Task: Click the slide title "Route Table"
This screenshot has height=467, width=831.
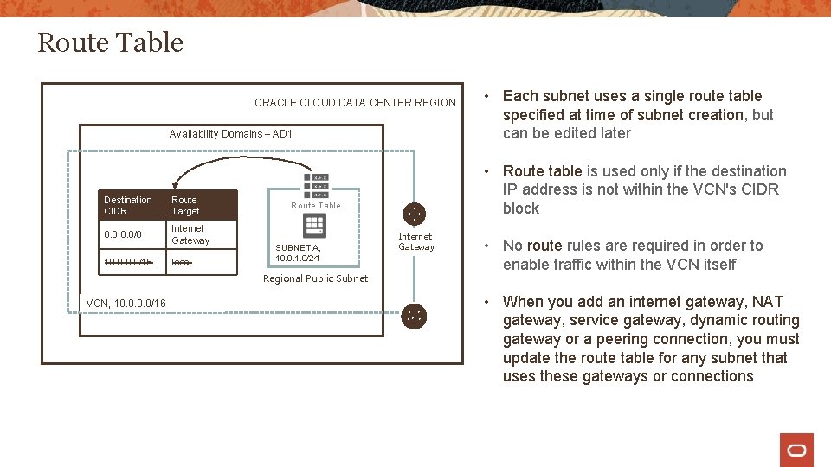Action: click(x=111, y=42)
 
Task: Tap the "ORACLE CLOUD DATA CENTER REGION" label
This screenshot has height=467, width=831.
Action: click(x=355, y=103)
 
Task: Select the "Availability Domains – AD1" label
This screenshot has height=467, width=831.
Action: click(x=231, y=134)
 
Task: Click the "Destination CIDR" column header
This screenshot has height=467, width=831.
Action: click(x=127, y=205)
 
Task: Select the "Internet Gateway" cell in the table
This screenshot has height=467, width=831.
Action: click(x=190, y=234)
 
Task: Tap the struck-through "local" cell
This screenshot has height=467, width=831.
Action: click(x=182, y=262)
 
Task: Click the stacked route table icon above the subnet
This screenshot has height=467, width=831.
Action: click(x=316, y=186)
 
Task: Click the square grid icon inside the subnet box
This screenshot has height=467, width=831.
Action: click(x=315, y=225)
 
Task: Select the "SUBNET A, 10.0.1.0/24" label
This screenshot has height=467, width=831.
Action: click(x=298, y=253)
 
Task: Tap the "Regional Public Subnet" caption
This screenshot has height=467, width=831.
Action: click(x=315, y=278)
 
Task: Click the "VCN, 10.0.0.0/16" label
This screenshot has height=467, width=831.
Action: click(x=126, y=303)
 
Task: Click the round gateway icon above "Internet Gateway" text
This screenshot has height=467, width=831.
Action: click(x=415, y=214)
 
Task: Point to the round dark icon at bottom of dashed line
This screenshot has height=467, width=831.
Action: click(x=415, y=317)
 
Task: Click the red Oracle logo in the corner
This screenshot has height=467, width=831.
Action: click(x=796, y=450)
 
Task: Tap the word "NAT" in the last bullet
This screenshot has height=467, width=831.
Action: click(x=768, y=302)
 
